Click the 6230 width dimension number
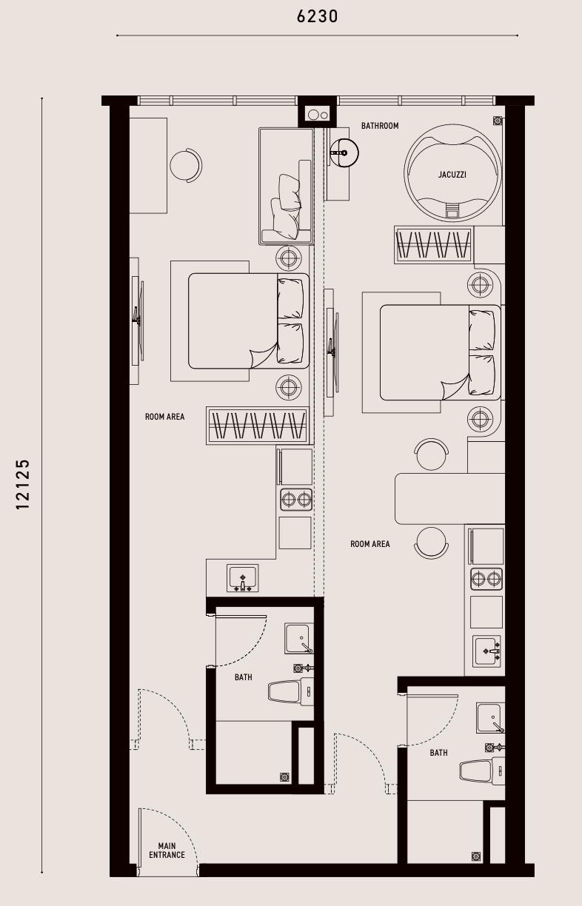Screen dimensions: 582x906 (x=318, y=16)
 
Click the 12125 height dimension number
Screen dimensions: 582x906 (x=23, y=484)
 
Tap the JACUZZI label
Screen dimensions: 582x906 (x=452, y=175)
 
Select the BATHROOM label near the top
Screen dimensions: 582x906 (x=380, y=126)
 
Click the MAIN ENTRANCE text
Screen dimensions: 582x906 (x=167, y=850)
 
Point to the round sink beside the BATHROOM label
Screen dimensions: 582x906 (x=344, y=153)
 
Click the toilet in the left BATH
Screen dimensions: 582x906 (x=290, y=691)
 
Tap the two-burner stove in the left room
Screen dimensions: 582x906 (x=296, y=500)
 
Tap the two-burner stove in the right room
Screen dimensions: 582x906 (x=486, y=579)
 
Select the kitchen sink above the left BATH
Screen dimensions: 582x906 (x=242, y=578)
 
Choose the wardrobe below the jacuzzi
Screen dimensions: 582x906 (x=434, y=244)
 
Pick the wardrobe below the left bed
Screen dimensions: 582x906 (x=258, y=426)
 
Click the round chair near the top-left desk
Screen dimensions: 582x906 (x=186, y=165)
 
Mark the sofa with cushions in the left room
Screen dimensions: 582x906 (x=287, y=187)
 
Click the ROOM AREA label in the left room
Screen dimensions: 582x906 (x=164, y=417)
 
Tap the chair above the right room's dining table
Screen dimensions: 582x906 (x=432, y=454)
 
